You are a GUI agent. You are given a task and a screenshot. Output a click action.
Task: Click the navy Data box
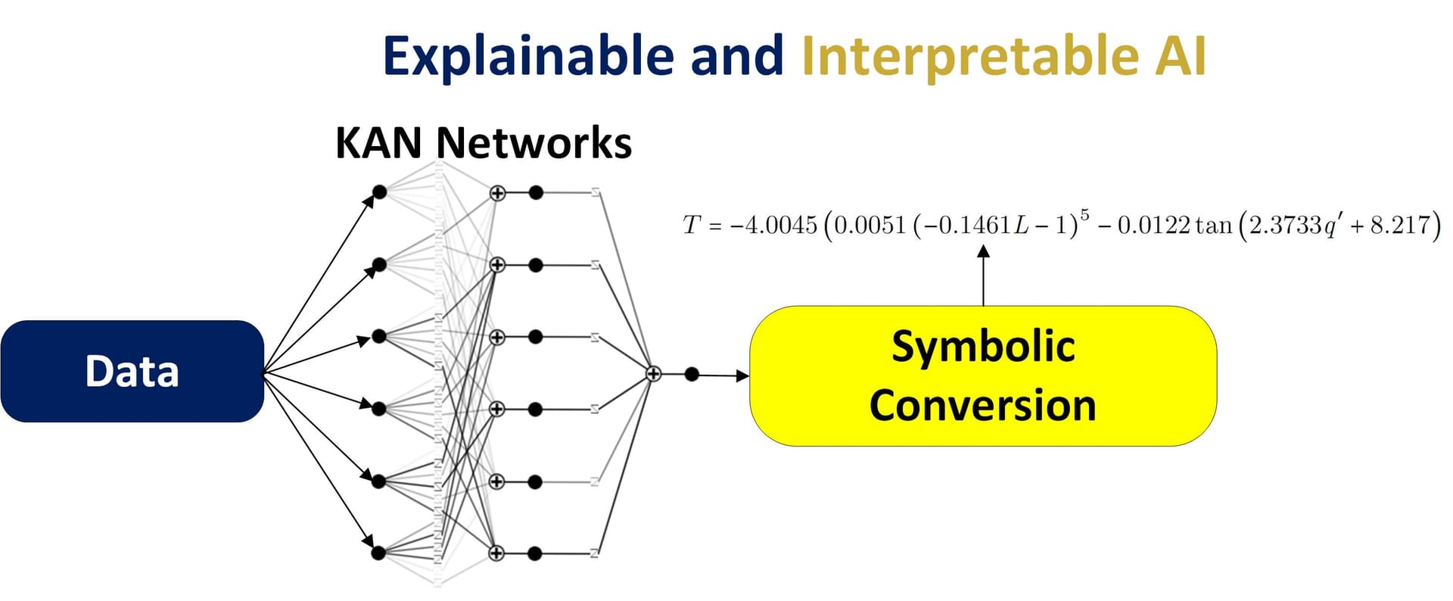pyautogui.click(x=132, y=371)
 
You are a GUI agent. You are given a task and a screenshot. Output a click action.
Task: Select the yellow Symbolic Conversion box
pyautogui.click(x=982, y=375)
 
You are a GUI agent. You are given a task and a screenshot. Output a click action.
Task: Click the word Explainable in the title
pyautogui.click(x=527, y=57)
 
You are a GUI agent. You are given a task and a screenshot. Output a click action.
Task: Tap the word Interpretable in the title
pyautogui.click(x=969, y=57)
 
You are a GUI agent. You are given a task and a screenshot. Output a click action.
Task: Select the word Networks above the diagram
pyautogui.click(x=534, y=142)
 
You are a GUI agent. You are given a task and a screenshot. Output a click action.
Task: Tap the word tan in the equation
pyautogui.click(x=1214, y=226)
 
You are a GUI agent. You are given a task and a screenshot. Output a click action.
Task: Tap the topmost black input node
pyautogui.click(x=380, y=192)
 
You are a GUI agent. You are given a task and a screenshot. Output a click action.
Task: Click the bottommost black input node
pyautogui.click(x=379, y=553)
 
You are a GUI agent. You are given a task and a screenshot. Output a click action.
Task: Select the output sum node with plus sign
pyautogui.click(x=653, y=373)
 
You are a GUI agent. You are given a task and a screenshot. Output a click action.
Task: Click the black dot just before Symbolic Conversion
pyautogui.click(x=691, y=374)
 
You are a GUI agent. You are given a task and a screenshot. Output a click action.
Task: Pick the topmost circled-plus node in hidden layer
pyautogui.click(x=497, y=193)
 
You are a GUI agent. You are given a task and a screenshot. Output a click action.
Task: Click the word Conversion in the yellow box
pyautogui.click(x=982, y=405)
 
